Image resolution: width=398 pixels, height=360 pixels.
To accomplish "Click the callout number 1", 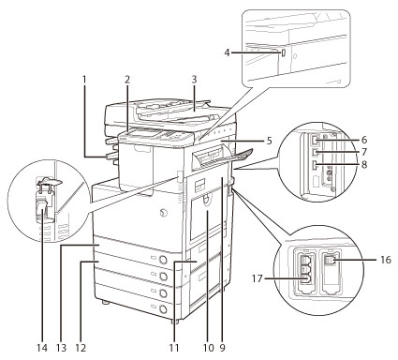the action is point(84,80).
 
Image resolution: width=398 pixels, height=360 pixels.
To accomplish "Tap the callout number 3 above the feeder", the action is point(194,80).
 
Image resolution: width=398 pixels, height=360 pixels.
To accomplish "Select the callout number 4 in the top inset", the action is point(227,52).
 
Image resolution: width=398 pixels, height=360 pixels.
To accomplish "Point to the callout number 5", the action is point(269,141).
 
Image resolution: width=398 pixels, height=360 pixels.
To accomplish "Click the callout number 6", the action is point(364,140).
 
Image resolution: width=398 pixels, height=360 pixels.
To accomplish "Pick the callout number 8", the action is point(364,164).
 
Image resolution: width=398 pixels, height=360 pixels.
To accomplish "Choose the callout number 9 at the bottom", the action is point(222,348).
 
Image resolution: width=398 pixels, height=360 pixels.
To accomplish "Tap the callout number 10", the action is point(208,348).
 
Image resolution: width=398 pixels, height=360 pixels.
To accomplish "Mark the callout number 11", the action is point(174,348).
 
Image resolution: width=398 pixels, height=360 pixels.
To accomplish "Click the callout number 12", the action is point(81,348).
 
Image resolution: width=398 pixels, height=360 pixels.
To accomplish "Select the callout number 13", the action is point(62,348).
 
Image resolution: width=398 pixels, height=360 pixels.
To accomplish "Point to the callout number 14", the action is point(42,348).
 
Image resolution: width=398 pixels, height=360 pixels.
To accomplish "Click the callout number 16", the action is point(386,260).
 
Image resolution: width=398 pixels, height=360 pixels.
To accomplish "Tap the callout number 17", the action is point(257,278).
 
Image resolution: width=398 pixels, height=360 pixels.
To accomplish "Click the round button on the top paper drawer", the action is point(162,260).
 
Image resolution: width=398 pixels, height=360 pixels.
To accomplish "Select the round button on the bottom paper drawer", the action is point(162,309).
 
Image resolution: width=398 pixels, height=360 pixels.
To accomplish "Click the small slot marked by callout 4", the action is point(283,53).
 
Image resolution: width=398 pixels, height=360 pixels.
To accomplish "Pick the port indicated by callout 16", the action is point(330,260).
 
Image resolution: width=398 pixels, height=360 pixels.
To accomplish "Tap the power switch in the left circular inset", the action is point(41,208).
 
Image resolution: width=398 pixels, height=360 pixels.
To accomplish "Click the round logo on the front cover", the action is point(163,213).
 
